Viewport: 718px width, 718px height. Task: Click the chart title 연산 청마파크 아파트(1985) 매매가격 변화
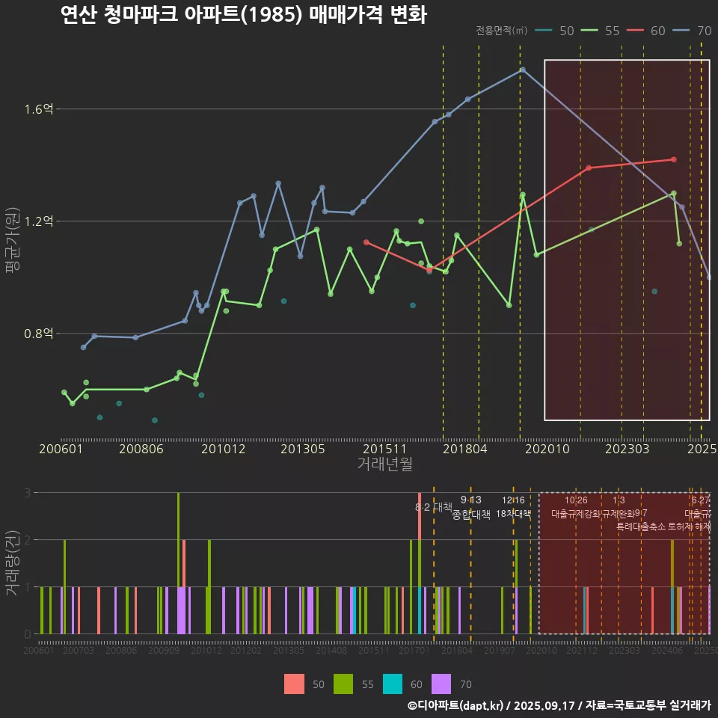click(243, 14)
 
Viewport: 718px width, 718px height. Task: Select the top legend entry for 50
click(566, 31)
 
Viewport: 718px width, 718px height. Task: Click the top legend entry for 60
click(657, 31)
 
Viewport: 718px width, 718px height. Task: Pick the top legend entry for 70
click(704, 31)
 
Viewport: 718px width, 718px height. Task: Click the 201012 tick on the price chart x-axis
click(223, 449)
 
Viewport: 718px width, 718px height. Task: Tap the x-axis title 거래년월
click(384, 464)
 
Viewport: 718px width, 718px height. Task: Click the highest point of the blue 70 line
click(523, 70)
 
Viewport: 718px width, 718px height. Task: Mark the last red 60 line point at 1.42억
click(674, 159)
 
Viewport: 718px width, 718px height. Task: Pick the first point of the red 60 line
click(366, 242)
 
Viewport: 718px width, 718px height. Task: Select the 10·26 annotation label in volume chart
click(576, 500)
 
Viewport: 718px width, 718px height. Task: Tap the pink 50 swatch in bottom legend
click(294, 684)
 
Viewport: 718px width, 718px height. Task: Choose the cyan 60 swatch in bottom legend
click(393, 684)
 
